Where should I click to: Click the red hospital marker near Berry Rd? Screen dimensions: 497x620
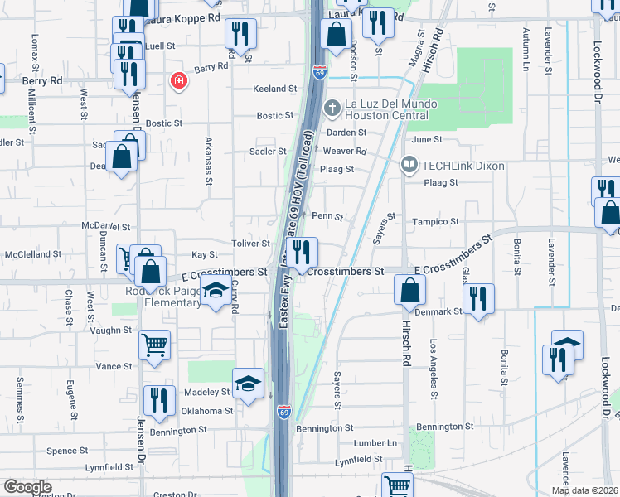(177, 80)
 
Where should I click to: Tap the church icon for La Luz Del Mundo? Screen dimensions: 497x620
(332, 107)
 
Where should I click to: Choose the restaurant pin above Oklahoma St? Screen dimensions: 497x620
(158, 400)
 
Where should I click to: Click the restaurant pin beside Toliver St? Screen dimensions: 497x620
(304, 250)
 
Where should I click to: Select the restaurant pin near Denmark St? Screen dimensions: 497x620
(477, 297)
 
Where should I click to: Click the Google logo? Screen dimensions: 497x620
(27, 487)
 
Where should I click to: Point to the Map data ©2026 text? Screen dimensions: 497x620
(585, 490)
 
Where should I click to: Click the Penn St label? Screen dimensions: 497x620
(327, 216)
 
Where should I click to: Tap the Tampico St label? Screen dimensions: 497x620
(436, 222)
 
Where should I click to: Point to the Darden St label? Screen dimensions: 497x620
(346, 132)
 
